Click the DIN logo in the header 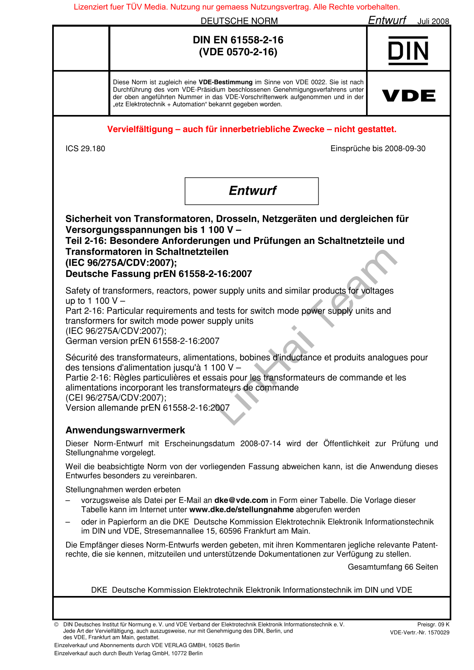click(x=408, y=51)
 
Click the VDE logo click(x=408, y=95)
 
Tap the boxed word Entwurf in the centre click(x=252, y=191)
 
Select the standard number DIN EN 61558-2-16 click(x=238, y=40)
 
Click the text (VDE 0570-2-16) click(x=238, y=52)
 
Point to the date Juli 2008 click(x=433, y=21)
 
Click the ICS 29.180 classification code click(x=85, y=149)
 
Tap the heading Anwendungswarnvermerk click(x=125, y=430)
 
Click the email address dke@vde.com click(x=241, y=500)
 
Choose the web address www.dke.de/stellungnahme click(x=241, y=510)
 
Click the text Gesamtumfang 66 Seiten click(x=393, y=567)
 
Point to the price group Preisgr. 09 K click(x=433, y=625)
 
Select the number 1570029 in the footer click(x=438, y=633)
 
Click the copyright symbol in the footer click(x=57, y=625)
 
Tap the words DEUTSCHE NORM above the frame click(x=239, y=21)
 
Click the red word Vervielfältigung click(x=140, y=129)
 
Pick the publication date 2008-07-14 click(x=261, y=444)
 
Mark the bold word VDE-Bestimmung click(x=225, y=82)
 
